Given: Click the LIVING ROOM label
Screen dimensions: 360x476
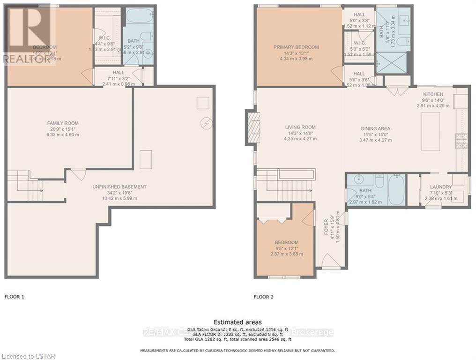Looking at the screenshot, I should (300, 127).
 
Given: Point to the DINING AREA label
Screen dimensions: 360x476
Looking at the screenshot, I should (375, 129).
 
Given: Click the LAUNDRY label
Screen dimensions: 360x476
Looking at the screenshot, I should (441, 187).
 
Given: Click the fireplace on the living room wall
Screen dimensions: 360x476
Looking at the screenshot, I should (252, 127).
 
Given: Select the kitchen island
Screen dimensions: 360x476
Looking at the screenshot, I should (430, 131).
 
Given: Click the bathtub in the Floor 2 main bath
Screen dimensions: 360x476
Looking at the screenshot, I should (396, 189).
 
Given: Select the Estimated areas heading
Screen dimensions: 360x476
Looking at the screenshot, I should (238, 322).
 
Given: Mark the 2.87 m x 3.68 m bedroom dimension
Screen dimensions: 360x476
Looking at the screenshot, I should (287, 254).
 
